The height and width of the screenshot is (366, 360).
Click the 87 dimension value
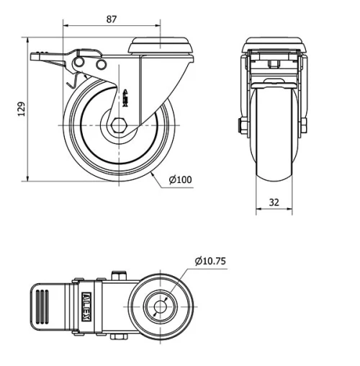(x=110, y=19)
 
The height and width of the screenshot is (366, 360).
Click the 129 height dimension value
(x=22, y=109)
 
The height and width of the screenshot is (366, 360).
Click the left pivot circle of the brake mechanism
(x=81, y=65)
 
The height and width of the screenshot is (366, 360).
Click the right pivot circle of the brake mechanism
(x=101, y=66)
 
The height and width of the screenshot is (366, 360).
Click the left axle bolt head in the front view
(x=242, y=126)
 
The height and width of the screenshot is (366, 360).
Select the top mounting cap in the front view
(x=274, y=44)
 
